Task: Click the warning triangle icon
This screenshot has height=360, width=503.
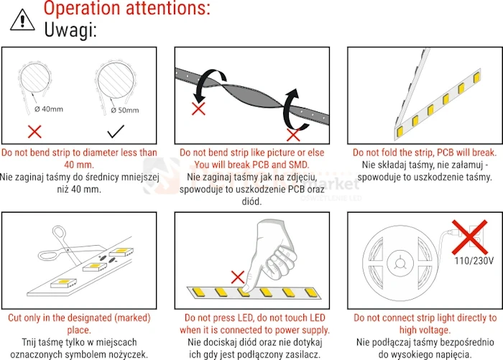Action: click(22, 20)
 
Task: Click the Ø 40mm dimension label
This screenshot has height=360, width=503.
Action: click(49, 109)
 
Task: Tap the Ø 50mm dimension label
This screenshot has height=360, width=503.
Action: click(125, 111)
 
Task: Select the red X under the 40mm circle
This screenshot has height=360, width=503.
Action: click(34, 131)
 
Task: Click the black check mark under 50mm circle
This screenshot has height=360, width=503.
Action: click(116, 131)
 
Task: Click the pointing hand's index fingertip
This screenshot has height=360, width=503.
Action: click(246, 288)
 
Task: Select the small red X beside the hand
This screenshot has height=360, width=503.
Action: click(238, 277)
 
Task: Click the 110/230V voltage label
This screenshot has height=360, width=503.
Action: click(474, 261)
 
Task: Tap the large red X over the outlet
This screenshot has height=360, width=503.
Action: click(470, 237)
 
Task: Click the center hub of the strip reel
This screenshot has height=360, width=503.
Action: click(400, 263)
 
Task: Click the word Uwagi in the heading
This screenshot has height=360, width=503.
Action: click(70, 30)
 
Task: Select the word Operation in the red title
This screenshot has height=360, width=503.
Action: click(82, 8)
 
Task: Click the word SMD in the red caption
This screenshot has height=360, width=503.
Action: click(299, 165)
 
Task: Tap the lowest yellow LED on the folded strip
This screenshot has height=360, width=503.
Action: click(400, 131)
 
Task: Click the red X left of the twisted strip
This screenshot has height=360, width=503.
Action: click(198, 109)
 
